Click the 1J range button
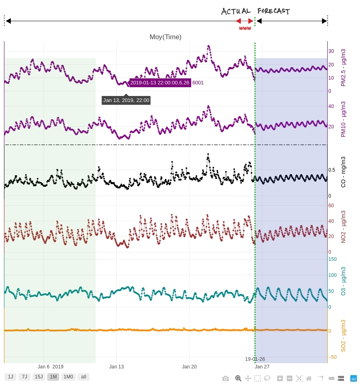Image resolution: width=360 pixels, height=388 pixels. [10, 377]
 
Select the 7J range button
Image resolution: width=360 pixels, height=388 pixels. [24, 377]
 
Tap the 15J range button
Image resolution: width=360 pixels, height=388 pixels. [38, 377]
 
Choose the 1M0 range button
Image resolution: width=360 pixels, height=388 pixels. [68, 377]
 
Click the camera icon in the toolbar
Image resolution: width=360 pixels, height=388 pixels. [226, 378]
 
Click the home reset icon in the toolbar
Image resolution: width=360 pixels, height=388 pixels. [309, 378]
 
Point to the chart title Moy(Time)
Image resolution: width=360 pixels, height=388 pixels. [165, 37]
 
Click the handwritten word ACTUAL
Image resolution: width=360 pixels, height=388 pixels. [236, 11]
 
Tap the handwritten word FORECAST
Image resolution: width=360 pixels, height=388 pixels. [274, 11]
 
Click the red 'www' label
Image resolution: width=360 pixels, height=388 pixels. [245, 28]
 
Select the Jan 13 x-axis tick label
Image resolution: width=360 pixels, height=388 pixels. [117, 366]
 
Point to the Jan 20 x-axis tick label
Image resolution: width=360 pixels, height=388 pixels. [189, 366]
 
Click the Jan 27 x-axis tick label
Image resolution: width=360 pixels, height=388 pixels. [262, 366]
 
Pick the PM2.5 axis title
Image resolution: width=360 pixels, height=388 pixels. [343, 67]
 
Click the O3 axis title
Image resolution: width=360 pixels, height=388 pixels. [343, 281]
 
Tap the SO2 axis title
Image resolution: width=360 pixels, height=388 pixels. [343, 336]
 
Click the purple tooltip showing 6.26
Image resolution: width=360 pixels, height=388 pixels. [160, 83]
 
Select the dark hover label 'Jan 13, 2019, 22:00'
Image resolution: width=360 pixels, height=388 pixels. [126, 100]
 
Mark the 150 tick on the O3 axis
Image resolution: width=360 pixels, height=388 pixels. [332, 259]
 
